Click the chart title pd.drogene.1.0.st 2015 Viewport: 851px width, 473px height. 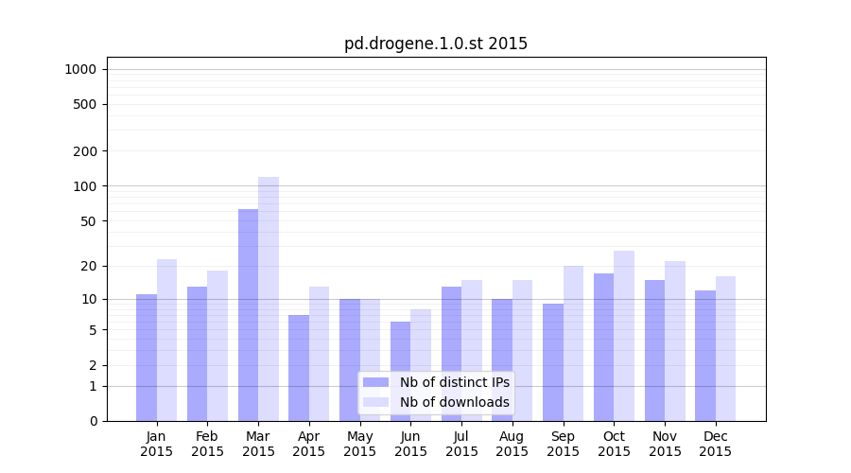click(436, 44)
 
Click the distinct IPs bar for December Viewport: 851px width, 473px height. click(705, 356)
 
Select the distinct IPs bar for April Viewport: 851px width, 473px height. click(299, 368)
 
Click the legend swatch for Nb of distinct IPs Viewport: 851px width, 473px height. click(375, 382)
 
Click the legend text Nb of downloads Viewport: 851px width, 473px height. click(455, 402)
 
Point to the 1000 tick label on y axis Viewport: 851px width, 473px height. click(80, 69)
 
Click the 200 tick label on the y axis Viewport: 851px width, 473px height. click(86, 151)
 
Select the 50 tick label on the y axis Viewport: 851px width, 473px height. click(89, 221)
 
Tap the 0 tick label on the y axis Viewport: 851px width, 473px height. click(93, 421)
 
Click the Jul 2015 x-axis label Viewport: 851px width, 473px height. click(461, 444)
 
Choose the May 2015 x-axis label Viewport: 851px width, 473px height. click(360, 444)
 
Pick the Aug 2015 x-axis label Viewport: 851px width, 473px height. click(512, 444)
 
